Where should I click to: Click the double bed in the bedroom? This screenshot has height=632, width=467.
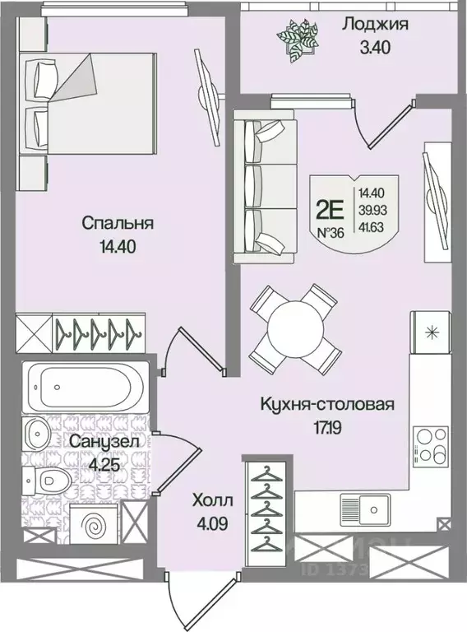(x=89, y=105)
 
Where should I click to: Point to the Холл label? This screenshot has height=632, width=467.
(x=212, y=500)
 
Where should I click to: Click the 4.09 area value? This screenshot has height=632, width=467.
(x=212, y=522)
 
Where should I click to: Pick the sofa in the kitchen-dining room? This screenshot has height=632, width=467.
(x=267, y=189)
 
